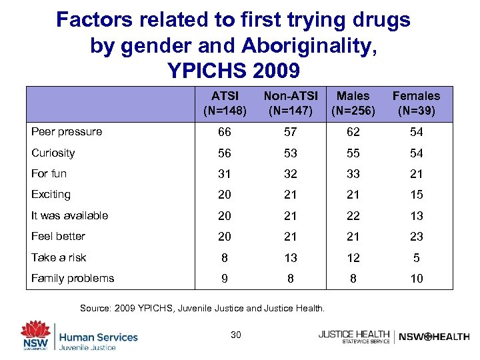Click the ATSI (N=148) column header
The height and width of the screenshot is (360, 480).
(225, 103)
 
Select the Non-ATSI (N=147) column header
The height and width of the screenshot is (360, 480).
(290, 103)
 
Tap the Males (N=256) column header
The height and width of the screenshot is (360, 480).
(353, 103)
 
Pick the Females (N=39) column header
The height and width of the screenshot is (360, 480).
(416, 103)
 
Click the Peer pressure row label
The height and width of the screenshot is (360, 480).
(67, 132)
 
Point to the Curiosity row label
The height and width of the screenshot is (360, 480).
(53, 153)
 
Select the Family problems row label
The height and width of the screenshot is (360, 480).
(73, 278)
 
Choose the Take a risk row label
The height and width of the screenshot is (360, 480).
(59, 257)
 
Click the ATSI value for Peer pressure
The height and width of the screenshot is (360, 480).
(225, 132)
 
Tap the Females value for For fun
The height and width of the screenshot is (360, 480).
(417, 174)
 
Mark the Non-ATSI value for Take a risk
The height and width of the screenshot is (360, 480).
(290, 258)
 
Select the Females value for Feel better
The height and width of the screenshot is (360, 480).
(417, 237)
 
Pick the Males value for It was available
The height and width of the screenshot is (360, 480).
(353, 216)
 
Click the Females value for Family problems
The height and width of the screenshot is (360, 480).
(417, 279)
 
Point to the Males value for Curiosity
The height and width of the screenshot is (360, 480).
(353, 153)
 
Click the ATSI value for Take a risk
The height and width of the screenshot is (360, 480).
(225, 258)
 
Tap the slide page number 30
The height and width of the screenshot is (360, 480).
(235, 335)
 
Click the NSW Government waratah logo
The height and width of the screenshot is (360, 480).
(35, 333)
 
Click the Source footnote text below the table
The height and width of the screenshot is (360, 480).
(202, 308)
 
